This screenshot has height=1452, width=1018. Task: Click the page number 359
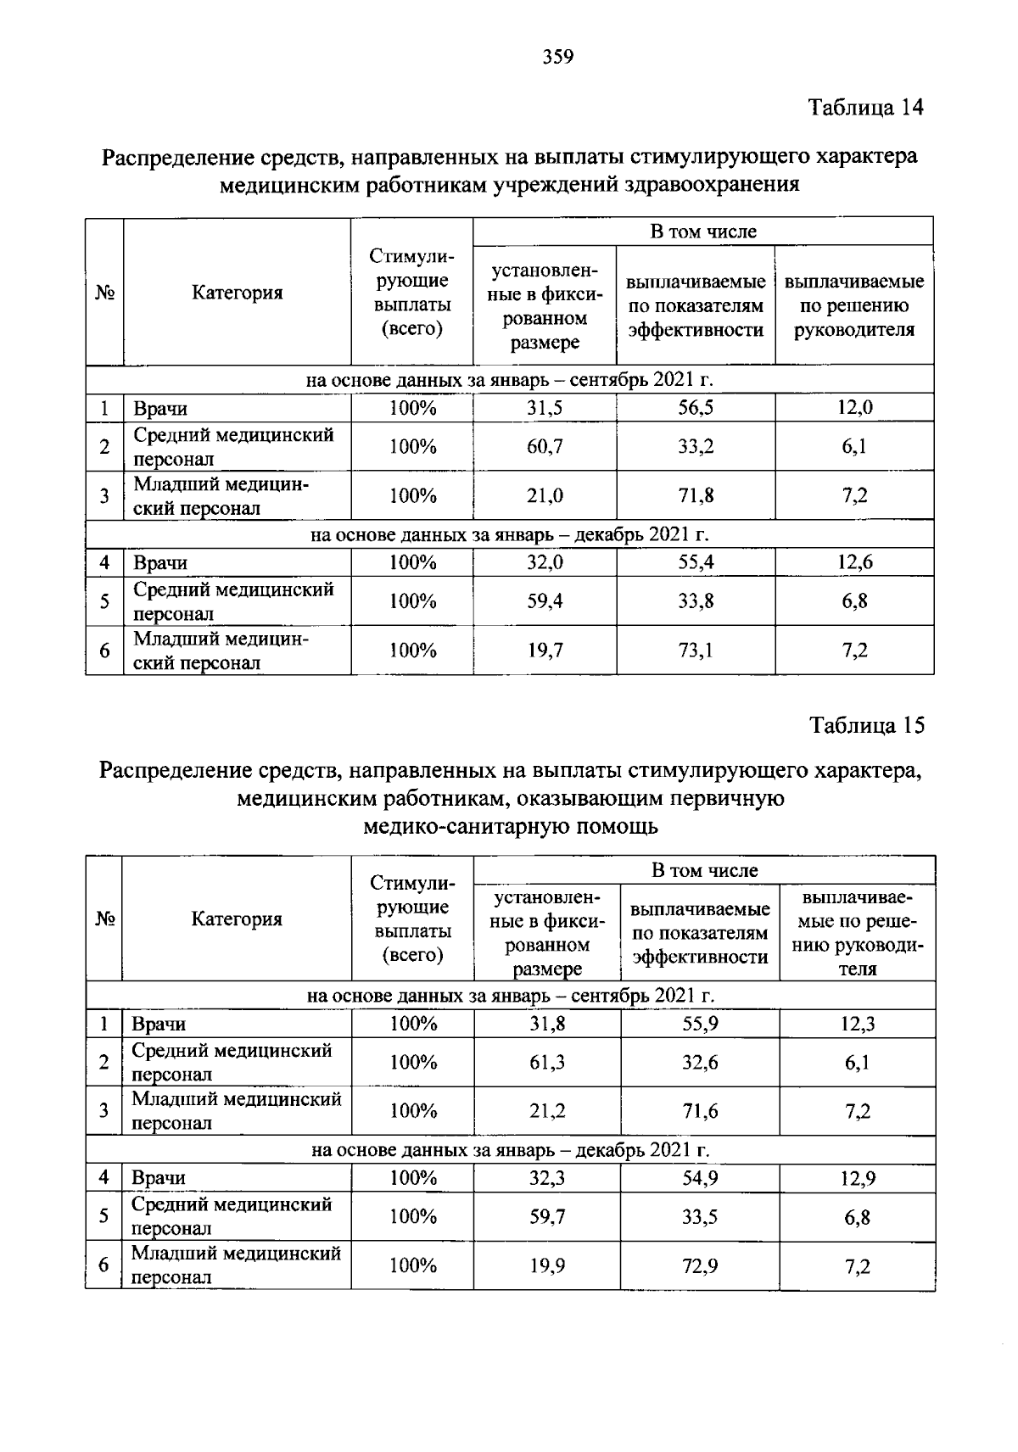click(558, 57)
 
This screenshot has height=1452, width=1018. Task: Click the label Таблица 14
click(865, 108)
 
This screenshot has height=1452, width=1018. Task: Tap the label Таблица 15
click(866, 726)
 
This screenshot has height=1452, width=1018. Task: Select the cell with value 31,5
click(545, 408)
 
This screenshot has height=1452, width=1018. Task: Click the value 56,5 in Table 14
click(696, 408)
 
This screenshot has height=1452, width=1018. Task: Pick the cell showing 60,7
click(545, 446)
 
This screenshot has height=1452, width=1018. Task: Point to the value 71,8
click(696, 495)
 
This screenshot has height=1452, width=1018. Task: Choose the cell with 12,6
click(854, 562)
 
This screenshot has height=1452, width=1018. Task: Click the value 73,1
click(696, 651)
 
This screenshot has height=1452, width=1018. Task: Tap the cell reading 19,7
click(545, 651)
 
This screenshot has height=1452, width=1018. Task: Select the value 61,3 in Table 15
click(547, 1062)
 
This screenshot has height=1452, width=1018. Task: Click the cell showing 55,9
click(700, 1024)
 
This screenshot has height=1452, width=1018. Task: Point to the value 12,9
click(858, 1178)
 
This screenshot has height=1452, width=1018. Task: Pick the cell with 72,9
click(700, 1266)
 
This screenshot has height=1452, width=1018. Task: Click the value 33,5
click(700, 1217)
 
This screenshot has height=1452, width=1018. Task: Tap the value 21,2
click(547, 1111)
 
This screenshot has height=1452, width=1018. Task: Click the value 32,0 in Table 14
click(545, 562)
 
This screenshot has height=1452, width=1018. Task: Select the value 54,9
click(700, 1178)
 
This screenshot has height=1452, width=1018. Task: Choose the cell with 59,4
click(545, 601)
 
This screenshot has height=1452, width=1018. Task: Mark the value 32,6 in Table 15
click(700, 1062)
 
